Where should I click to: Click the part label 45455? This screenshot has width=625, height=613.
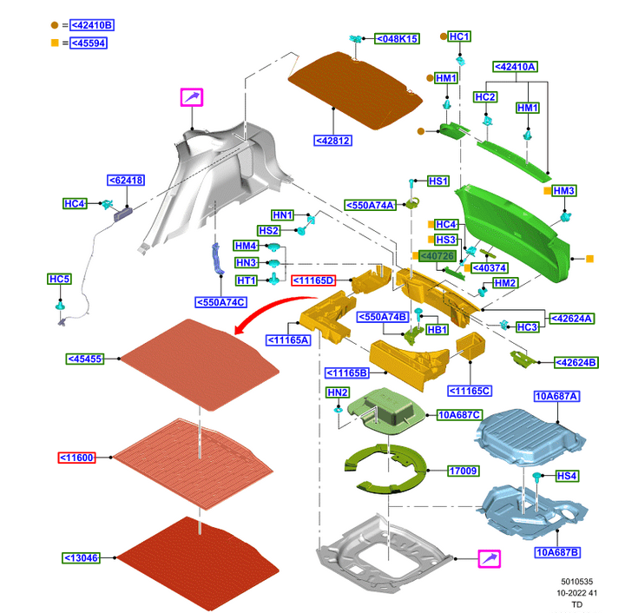pos(85,359)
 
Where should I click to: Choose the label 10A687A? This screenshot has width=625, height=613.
pos(556,396)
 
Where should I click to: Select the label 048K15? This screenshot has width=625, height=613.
pos(397,38)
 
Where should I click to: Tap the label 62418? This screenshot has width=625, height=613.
pos(126,180)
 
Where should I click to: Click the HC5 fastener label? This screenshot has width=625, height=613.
pos(60,279)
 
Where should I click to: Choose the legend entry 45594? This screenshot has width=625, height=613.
pos(88,43)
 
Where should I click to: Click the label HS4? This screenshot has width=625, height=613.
pos(566,475)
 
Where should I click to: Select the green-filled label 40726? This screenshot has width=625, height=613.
pos(437,255)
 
